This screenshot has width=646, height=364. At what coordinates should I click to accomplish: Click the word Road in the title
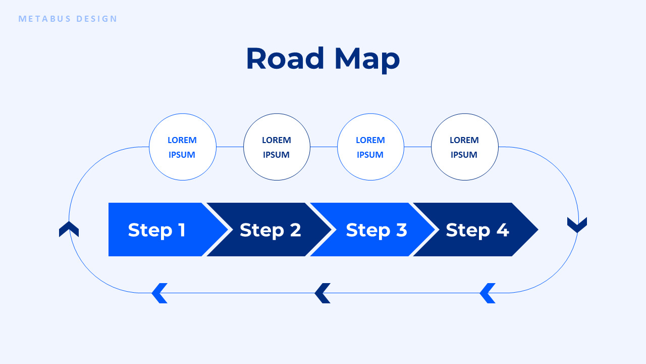point(285,59)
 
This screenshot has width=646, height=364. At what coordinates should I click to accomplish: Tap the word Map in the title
point(367,60)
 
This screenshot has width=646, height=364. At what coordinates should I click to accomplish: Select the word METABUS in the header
point(45,19)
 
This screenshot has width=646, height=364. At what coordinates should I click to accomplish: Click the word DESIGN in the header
point(97,19)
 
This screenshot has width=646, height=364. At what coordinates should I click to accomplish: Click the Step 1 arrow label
point(157,230)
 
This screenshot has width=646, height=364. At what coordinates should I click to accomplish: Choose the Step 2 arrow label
point(270,230)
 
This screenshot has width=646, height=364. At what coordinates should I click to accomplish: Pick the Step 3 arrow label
point(376,230)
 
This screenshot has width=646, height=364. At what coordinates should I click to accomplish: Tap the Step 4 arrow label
point(477,230)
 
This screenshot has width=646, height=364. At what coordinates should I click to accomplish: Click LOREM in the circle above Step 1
point(182,140)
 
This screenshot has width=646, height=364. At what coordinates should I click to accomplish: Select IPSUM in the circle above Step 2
point(276,155)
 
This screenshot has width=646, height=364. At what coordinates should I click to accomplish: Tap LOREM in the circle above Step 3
point(370,140)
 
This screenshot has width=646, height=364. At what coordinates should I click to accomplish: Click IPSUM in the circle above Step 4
point(464,155)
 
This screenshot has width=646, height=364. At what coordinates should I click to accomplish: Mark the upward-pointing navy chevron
point(69,229)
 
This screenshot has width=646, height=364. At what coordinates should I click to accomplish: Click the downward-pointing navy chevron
point(577,225)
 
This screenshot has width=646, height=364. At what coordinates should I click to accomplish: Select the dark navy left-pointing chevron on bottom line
point(322,293)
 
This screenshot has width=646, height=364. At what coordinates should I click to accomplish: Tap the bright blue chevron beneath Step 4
point(487,293)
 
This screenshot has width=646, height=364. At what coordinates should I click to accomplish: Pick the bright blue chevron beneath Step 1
point(159,293)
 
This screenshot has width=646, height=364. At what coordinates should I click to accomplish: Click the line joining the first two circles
point(230,147)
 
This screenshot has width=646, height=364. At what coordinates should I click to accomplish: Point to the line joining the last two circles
point(417,147)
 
